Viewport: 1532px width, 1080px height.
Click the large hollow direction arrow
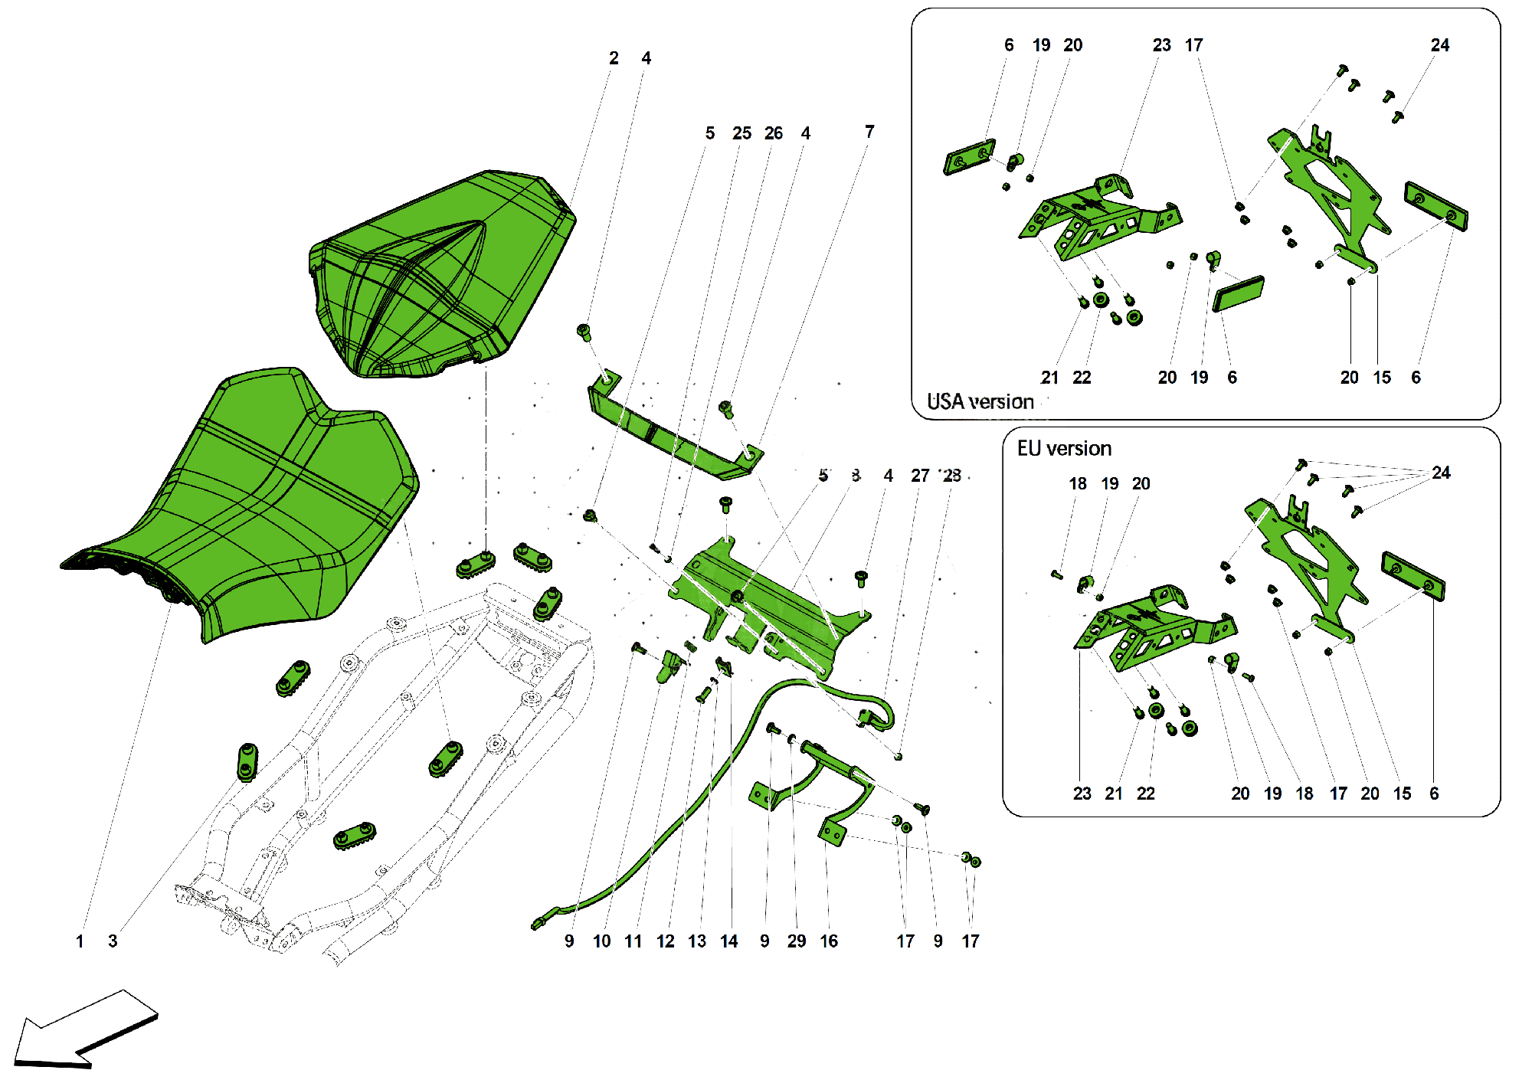click(x=84, y=1030)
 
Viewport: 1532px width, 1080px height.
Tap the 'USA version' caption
click(x=980, y=401)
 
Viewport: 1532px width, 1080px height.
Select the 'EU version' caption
click(x=1064, y=448)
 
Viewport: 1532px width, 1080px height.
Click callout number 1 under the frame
click(x=80, y=941)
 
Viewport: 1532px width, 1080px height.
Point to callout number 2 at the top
click(x=614, y=58)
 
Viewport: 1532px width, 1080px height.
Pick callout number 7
click(x=869, y=132)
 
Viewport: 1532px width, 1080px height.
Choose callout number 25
click(x=741, y=133)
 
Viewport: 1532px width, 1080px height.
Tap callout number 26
click(x=774, y=133)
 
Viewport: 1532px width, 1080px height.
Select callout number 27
click(x=920, y=476)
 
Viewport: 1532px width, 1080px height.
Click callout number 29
click(x=797, y=941)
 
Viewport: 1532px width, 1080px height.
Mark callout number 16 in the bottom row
click(x=829, y=941)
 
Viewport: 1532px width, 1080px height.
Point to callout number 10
click(x=601, y=941)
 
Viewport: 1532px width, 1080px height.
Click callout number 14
click(x=728, y=941)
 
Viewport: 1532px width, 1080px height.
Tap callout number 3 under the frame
click(x=113, y=941)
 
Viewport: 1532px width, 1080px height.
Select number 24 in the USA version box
click(x=1440, y=45)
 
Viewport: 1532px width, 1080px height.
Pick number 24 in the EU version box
click(x=1441, y=473)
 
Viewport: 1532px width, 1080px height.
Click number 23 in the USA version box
click(x=1162, y=45)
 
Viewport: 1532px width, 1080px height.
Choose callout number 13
click(x=697, y=941)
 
